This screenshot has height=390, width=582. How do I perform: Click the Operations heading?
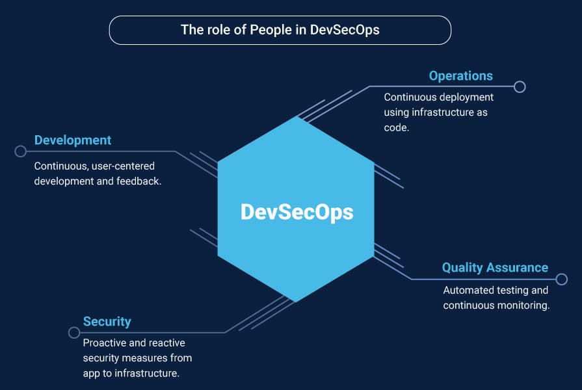[x=460, y=76]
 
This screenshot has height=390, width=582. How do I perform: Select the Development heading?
[x=73, y=140]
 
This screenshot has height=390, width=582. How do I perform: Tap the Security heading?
[x=107, y=322]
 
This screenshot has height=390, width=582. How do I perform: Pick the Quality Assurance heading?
[x=495, y=268]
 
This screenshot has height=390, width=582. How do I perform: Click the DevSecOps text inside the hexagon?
[x=297, y=212]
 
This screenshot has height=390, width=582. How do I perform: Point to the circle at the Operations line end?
[x=520, y=87]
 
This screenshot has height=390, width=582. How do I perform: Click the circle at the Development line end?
[x=20, y=151]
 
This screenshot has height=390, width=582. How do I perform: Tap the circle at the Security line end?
[x=74, y=333]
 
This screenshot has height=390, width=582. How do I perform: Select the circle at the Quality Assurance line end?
[x=562, y=279]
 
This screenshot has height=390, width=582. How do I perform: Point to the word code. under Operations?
[x=397, y=127]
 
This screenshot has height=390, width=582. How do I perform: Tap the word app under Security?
[x=91, y=373]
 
